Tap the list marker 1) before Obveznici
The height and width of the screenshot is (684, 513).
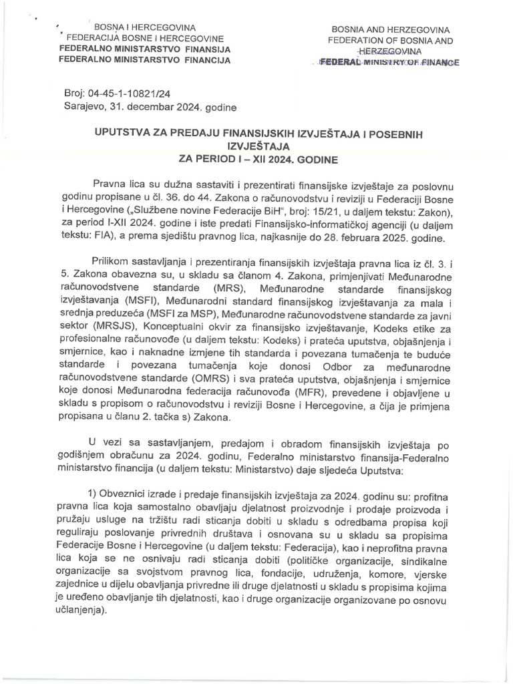tap(95, 494)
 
